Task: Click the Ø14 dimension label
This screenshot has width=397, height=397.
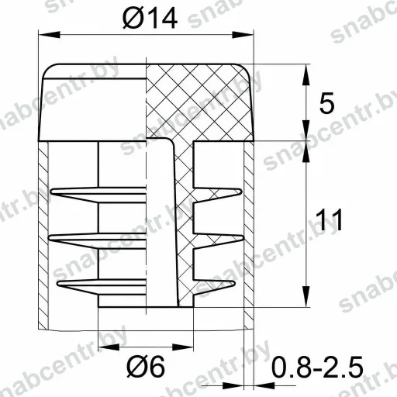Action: (x=150, y=18)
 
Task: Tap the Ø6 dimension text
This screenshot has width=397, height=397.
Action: (x=146, y=366)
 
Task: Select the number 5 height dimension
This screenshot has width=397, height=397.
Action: (x=326, y=103)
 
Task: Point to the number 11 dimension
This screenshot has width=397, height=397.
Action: (x=329, y=219)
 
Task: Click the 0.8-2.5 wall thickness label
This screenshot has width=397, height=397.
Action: (x=317, y=367)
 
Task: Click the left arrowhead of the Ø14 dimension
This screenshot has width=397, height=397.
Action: (x=49, y=35)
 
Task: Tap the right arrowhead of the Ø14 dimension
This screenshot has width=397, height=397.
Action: (x=243, y=35)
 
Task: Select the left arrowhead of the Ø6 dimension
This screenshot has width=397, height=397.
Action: (x=109, y=347)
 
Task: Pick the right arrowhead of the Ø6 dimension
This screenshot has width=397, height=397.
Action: (x=182, y=347)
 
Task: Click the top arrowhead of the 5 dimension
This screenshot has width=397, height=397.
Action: (x=306, y=74)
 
